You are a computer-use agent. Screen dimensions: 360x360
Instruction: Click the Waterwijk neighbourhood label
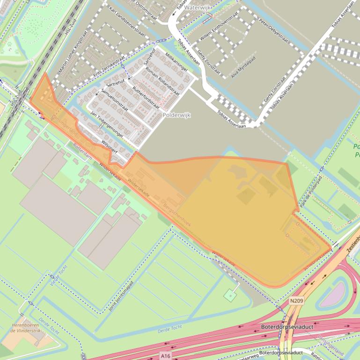[198, 8]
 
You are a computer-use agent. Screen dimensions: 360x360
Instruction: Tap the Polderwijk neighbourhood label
[176, 115]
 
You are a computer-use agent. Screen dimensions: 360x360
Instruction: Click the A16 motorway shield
[165, 356]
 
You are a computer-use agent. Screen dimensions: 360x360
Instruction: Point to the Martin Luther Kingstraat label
[73, 52]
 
